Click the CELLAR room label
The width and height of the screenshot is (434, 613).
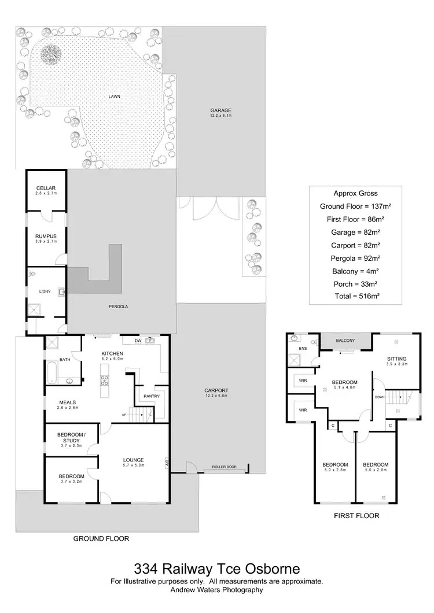[46, 189]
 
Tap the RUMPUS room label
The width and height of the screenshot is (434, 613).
[46, 236]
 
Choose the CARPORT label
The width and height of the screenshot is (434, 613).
[216, 390]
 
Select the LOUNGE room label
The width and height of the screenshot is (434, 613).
[133, 460]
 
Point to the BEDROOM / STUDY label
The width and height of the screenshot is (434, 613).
[72, 437]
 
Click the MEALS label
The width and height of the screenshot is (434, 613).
[68, 402]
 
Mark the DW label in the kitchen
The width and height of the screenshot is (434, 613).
[138, 341]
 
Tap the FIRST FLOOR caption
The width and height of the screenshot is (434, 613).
[356, 515]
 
